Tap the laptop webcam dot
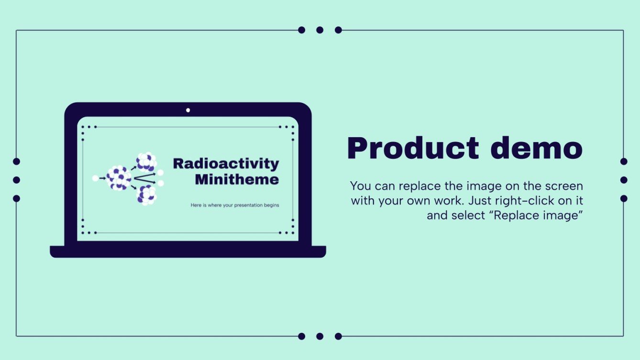[188, 110]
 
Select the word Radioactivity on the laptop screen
[226, 164]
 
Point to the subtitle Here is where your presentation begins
[234, 205]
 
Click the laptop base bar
[188, 251]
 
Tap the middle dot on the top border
[320, 30]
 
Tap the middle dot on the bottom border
[320, 336]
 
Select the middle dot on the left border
[16, 180]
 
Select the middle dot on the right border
[624, 180]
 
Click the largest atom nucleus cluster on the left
[118, 178]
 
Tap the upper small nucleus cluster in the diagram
[146, 162]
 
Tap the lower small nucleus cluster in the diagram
[146, 195]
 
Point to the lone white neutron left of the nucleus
[95, 178]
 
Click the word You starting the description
[360, 185]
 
